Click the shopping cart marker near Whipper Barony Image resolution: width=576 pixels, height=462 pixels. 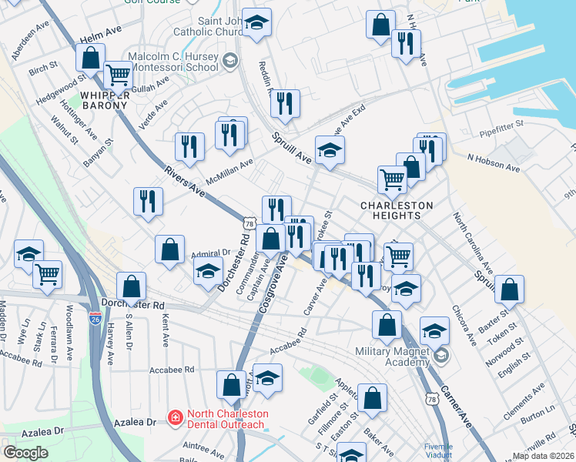[118, 75]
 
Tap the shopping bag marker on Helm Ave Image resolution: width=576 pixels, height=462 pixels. [90, 58]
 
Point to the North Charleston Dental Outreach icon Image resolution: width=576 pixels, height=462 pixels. [176, 418]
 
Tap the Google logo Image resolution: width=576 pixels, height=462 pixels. [25, 452]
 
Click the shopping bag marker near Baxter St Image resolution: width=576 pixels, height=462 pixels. [509, 290]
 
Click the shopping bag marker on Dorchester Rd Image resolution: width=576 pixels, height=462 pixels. [132, 286]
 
